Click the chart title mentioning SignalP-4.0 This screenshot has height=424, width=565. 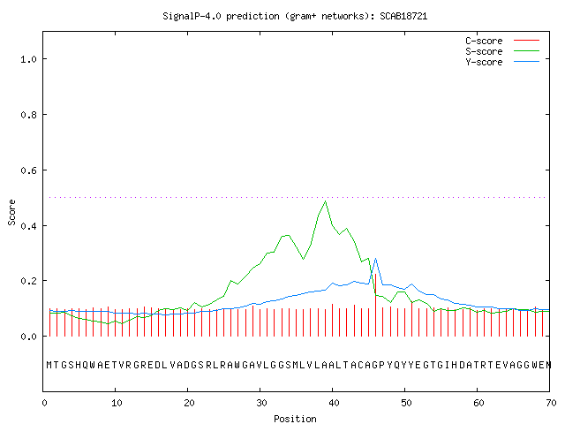coord(295,16)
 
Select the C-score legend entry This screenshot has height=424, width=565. coord(502,41)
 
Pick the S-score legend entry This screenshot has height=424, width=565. coord(502,51)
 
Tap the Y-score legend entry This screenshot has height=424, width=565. coord(502,62)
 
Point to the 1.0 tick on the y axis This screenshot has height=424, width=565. coord(28,59)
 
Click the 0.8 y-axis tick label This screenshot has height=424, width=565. coord(28,115)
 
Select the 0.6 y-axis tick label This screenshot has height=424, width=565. coord(28,170)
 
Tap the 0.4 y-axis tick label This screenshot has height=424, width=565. coord(28,226)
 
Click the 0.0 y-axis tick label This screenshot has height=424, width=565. coord(28,337)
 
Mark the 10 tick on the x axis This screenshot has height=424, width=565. coord(117,403)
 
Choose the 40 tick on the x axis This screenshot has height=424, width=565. coord(334,403)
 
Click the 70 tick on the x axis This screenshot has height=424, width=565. coord(551,403)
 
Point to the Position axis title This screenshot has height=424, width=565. coord(295,419)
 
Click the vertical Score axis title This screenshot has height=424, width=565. coord(11,213)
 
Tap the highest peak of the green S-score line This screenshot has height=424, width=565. coord(326,201)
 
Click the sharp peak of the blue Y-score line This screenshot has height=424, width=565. coord(376,259)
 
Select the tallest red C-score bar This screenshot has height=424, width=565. coord(376,305)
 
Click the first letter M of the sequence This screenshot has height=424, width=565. coord(49,365)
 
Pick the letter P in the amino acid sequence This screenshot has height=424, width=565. coord(382,365)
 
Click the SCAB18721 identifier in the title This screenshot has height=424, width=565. coord(403,16)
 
